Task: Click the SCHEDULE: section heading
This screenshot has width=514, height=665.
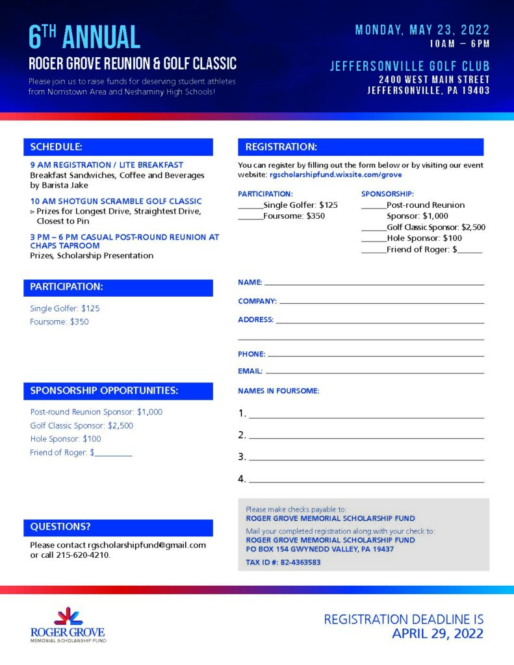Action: coord(56,147)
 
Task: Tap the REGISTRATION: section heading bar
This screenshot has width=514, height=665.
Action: coord(360,147)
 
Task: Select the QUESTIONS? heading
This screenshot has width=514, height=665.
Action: coord(60,527)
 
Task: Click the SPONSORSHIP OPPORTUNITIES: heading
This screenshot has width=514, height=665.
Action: coord(104,390)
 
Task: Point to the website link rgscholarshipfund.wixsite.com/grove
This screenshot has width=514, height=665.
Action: coord(335,175)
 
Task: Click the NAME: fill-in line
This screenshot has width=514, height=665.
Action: coord(374,283)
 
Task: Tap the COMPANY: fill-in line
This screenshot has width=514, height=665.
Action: coord(381,301)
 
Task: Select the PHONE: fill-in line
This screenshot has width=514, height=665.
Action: coord(376,355)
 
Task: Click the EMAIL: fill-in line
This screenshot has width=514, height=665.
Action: coord(375,371)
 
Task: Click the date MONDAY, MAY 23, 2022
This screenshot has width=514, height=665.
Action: coord(422,30)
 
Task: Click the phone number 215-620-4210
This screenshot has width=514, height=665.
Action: coord(83,555)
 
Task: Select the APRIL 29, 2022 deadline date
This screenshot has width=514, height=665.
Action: coord(437,634)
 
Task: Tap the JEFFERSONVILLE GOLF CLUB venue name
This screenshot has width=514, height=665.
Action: coord(409,66)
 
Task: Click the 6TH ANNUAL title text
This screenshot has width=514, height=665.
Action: coord(84,37)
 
